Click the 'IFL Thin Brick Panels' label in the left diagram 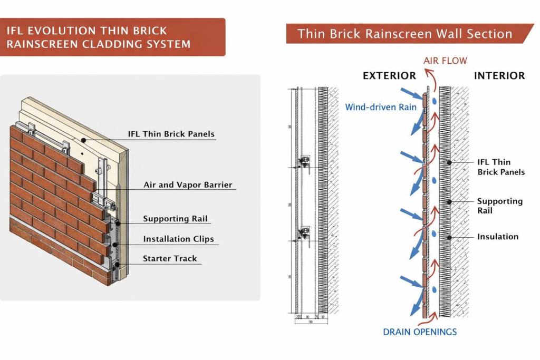tap(171, 134)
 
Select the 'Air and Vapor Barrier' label tap(188, 185)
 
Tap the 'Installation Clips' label tap(178, 239)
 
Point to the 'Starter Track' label tap(170, 258)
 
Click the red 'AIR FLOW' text tap(445, 61)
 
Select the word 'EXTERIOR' tap(389, 76)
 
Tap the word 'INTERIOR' tap(499, 76)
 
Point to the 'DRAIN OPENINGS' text tap(420, 332)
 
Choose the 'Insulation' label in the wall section tap(498, 237)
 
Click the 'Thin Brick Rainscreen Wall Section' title tap(404, 34)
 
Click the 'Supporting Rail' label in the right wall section tap(499, 206)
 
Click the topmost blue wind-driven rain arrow tap(410, 93)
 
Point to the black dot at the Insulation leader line tap(449, 237)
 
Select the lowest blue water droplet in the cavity tap(433, 290)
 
